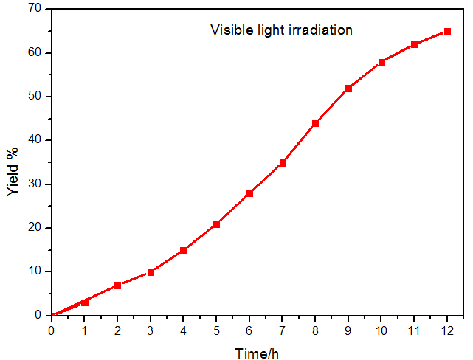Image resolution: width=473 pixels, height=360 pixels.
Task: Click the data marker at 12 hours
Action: point(447,32)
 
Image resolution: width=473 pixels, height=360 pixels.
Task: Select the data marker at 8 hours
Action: point(315,123)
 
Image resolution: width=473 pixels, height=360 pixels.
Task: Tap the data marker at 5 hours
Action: point(216,224)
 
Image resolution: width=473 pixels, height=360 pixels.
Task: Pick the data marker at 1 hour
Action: point(85,302)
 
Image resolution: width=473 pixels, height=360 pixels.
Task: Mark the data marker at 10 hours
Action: point(381,62)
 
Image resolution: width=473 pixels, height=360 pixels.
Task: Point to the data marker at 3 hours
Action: point(151,272)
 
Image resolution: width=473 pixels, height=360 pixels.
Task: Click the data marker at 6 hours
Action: point(249,193)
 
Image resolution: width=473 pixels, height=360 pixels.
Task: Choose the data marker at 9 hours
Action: point(348,89)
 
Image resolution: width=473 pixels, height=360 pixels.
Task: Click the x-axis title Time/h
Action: point(257,353)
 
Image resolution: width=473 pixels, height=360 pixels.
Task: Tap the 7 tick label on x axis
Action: point(282,330)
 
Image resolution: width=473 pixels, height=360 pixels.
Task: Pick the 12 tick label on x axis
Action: point(447,330)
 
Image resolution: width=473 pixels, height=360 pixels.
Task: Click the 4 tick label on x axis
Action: point(184,330)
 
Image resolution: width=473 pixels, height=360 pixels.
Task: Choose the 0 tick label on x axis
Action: point(52,330)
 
